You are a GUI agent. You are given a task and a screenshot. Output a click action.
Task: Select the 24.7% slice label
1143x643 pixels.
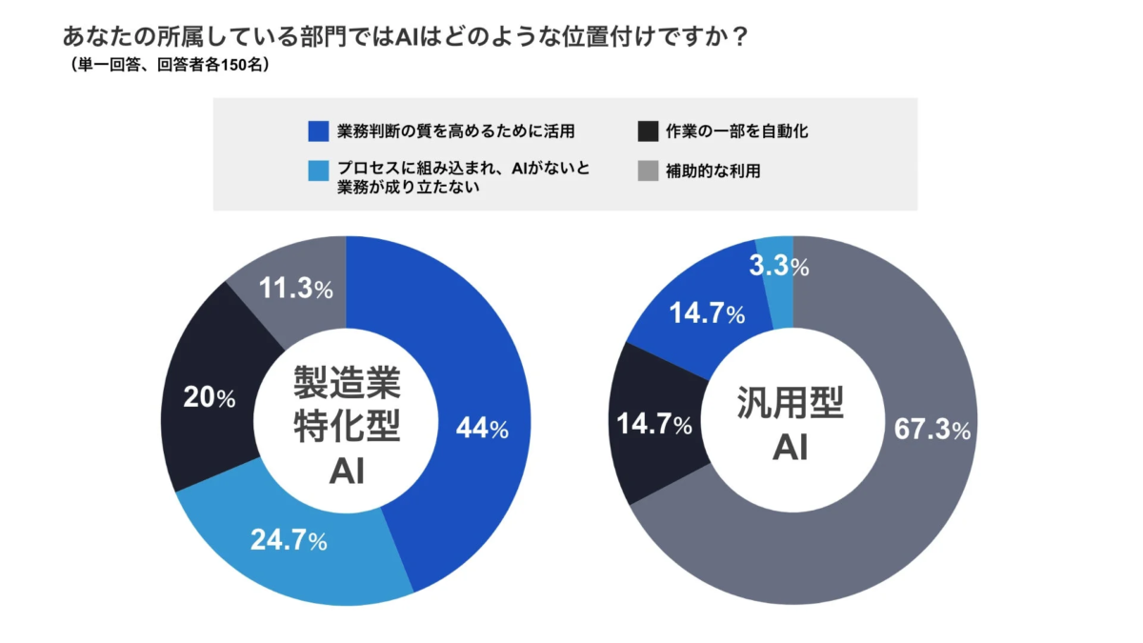[x=289, y=540]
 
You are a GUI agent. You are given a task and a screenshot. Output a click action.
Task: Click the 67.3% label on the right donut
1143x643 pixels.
[x=932, y=430]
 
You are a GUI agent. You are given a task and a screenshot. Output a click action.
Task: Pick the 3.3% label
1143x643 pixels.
[x=779, y=268]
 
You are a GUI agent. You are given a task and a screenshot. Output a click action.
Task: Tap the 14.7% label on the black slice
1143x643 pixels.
[x=654, y=425]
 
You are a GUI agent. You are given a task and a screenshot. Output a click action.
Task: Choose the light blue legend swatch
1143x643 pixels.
[x=319, y=171]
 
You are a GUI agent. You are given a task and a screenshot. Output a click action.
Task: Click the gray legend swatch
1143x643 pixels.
[x=648, y=171]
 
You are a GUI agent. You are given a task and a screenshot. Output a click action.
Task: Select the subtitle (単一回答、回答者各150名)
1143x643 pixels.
[x=171, y=66]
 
